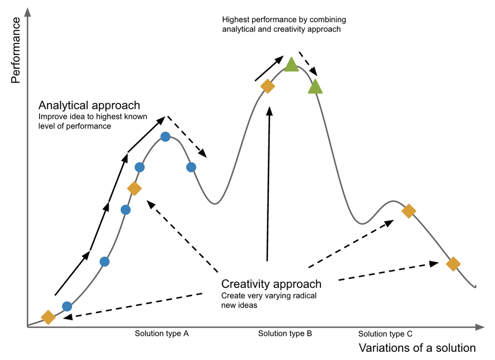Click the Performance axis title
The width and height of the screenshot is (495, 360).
[15, 50]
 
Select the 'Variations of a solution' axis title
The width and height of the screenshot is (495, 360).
[417, 347]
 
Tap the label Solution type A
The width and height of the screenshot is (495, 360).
[161, 333]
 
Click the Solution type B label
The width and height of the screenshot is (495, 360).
[285, 333]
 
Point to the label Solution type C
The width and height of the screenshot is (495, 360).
[385, 334]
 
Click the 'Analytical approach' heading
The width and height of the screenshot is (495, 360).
[89, 105]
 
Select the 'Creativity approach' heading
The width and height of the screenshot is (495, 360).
[271, 284]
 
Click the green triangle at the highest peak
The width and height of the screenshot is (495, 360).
[291, 64]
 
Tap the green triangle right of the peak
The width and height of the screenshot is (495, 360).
[315, 87]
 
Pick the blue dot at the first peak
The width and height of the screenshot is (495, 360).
[165, 137]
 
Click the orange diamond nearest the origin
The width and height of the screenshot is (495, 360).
[48, 317]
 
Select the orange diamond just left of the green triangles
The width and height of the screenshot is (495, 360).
[267, 86]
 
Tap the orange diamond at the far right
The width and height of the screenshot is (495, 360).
[453, 264]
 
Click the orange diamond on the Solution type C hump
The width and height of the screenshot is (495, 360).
[408, 211]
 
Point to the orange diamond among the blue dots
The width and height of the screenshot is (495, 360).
[134, 188]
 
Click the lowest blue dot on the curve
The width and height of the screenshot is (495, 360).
[67, 306]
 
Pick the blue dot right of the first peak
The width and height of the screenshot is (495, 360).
[191, 167]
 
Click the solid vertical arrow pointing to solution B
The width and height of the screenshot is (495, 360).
[268, 184]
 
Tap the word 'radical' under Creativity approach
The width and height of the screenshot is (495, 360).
[304, 295]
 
